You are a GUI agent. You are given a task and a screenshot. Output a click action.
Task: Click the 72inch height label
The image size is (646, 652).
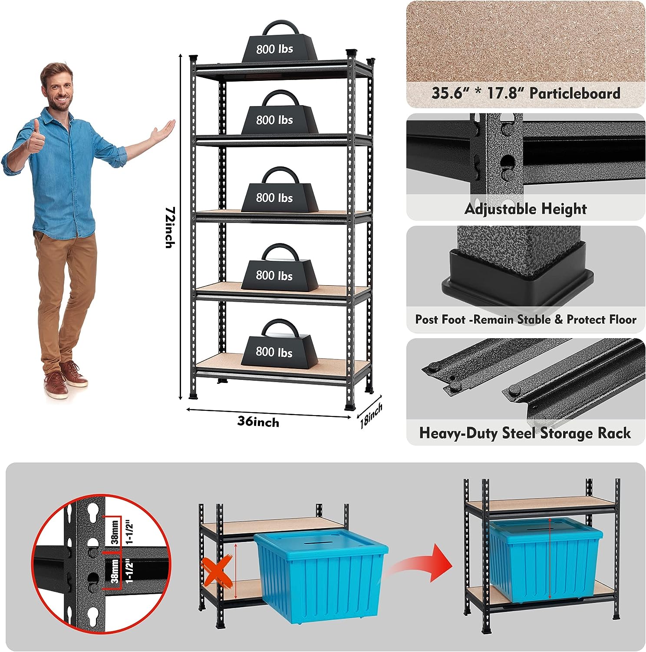[170, 227]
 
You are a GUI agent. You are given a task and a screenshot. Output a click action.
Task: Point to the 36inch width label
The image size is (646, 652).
[258, 422]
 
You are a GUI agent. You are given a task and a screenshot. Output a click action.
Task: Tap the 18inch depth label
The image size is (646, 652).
[371, 416]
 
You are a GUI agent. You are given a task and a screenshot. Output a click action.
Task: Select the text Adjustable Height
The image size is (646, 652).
[525, 209]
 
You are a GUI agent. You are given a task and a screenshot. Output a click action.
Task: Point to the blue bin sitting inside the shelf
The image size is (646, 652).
[546, 559]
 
